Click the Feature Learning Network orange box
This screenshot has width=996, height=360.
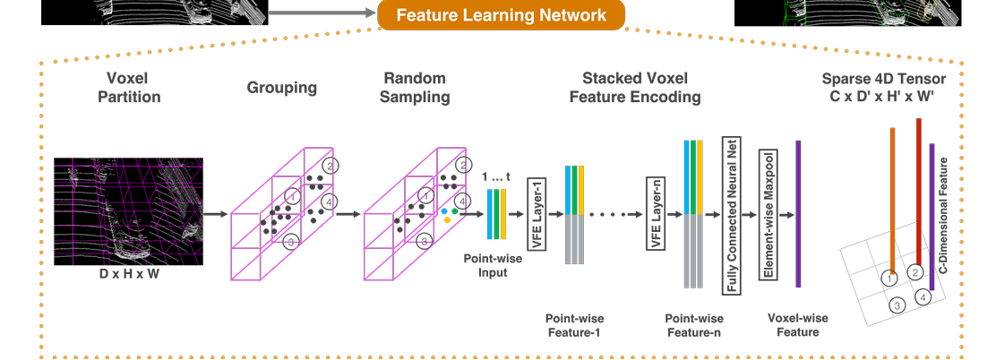click(x=501, y=15)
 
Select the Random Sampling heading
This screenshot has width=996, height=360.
click(x=416, y=87)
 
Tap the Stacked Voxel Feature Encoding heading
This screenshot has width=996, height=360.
click(x=635, y=87)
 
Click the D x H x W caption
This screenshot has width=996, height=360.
click(x=129, y=274)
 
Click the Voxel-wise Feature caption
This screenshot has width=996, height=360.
click(x=798, y=325)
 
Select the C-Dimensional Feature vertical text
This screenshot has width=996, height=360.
click(x=943, y=215)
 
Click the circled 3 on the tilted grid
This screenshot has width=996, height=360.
click(x=897, y=305)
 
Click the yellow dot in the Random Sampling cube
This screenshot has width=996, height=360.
click(x=447, y=219)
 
